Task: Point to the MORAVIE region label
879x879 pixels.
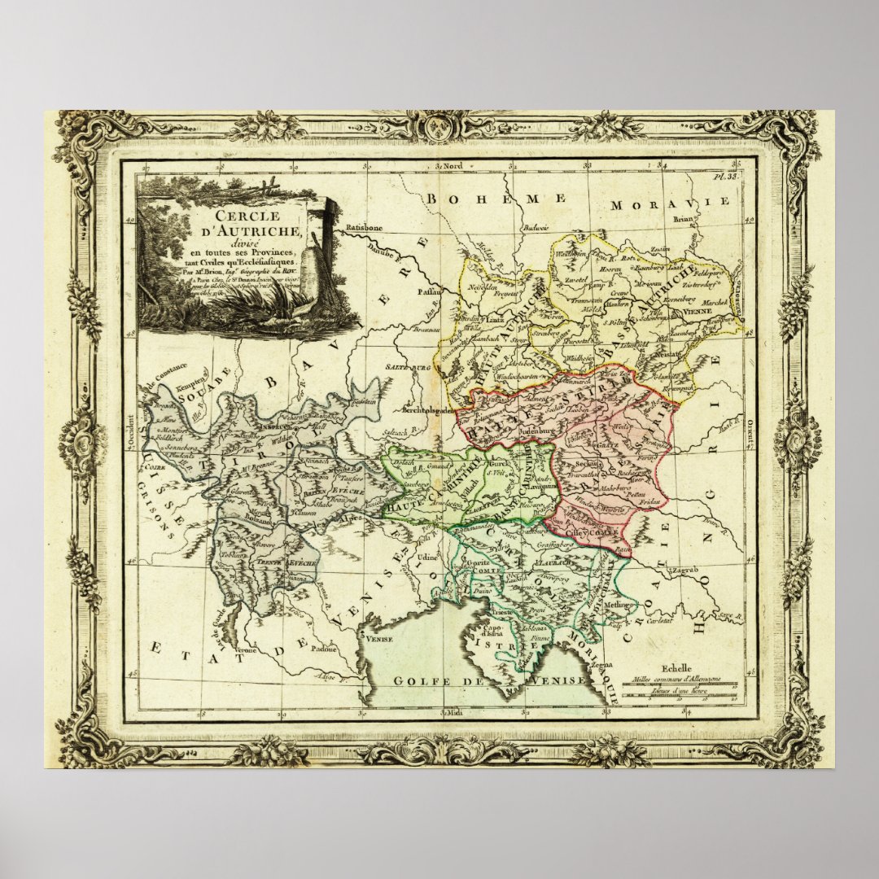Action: (x=671, y=203)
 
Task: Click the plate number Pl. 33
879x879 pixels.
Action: (x=726, y=176)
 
